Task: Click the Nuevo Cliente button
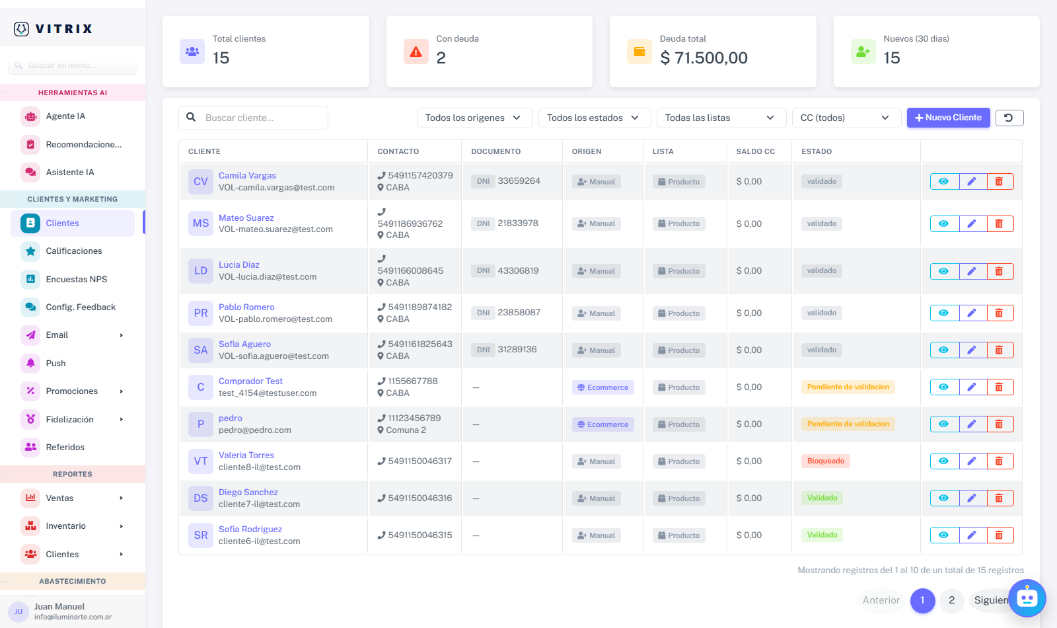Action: click(x=948, y=118)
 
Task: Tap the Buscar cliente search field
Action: click(x=254, y=118)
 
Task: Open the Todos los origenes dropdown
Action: click(x=474, y=118)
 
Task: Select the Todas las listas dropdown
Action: click(x=721, y=118)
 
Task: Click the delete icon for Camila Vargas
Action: click(x=1000, y=181)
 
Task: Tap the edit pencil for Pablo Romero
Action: click(x=972, y=313)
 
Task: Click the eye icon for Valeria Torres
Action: click(x=944, y=461)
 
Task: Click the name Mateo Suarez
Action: click(x=246, y=217)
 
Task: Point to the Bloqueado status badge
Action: click(x=825, y=461)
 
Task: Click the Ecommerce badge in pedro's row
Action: click(x=602, y=424)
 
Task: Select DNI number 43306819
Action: click(x=518, y=270)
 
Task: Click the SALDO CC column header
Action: click(x=756, y=151)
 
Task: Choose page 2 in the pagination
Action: click(x=951, y=600)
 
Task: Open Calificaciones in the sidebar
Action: click(x=73, y=251)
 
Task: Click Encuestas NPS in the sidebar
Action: click(x=76, y=279)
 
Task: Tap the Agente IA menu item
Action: click(x=65, y=116)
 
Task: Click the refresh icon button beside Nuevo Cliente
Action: click(x=1009, y=118)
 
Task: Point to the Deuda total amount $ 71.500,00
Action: click(x=704, y=58)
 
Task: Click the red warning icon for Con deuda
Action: click(x=416, y=52)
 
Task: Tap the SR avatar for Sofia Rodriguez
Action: click(x=201, y=535)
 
